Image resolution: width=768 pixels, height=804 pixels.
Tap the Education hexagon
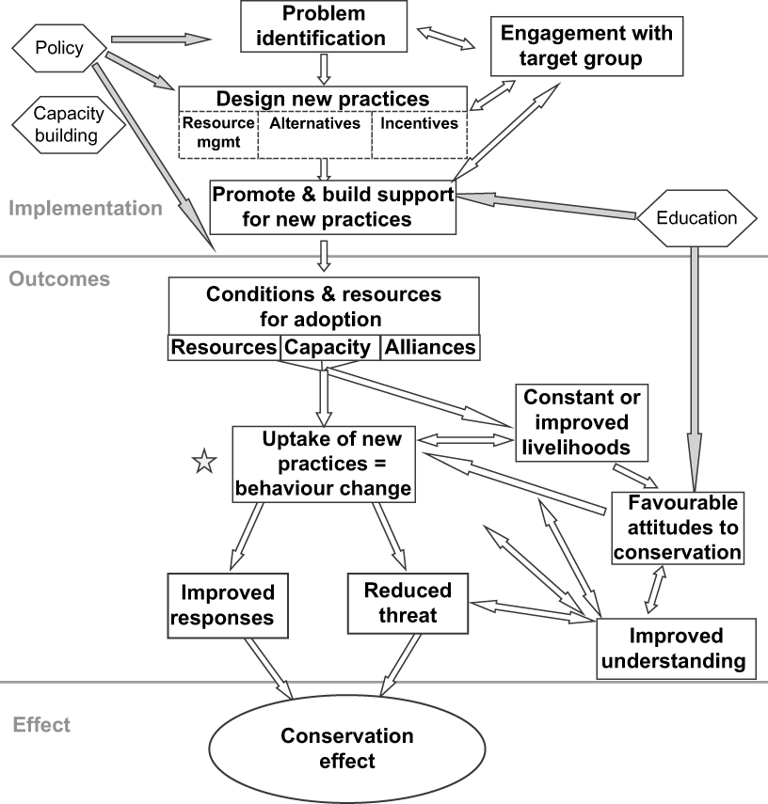697,218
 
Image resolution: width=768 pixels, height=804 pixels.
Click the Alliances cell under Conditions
429,347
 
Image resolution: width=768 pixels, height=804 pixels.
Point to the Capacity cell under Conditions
328,347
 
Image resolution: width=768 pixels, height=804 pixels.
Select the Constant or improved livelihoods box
575,421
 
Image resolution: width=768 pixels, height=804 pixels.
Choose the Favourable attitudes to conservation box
678,527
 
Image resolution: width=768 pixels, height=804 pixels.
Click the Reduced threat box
408,603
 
